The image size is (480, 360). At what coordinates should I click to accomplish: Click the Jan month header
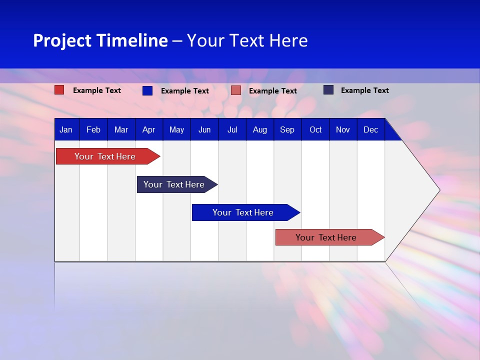(66, 129)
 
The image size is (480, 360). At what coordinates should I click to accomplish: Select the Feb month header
(93, 129)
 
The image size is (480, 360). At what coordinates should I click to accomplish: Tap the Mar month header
(121, 129)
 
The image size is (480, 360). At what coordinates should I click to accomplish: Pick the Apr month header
(148, 129)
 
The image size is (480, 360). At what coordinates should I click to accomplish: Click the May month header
(176, 129)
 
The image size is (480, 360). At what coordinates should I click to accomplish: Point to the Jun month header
(204, 129)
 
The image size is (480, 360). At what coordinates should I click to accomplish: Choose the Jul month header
(232, 129)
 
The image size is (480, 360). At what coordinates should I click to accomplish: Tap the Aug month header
(260, 129)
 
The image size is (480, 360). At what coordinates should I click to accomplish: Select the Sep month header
(287, 129)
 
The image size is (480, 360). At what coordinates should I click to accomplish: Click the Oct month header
(315, 129)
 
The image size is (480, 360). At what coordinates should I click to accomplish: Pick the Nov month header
(343, 129)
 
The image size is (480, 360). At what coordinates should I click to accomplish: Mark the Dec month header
(370, 129)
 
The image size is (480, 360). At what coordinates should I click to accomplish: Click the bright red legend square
(59, 90)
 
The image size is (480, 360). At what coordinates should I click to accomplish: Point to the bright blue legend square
(147, 90)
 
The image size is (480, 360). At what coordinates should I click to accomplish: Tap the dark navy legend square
(328, 90)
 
